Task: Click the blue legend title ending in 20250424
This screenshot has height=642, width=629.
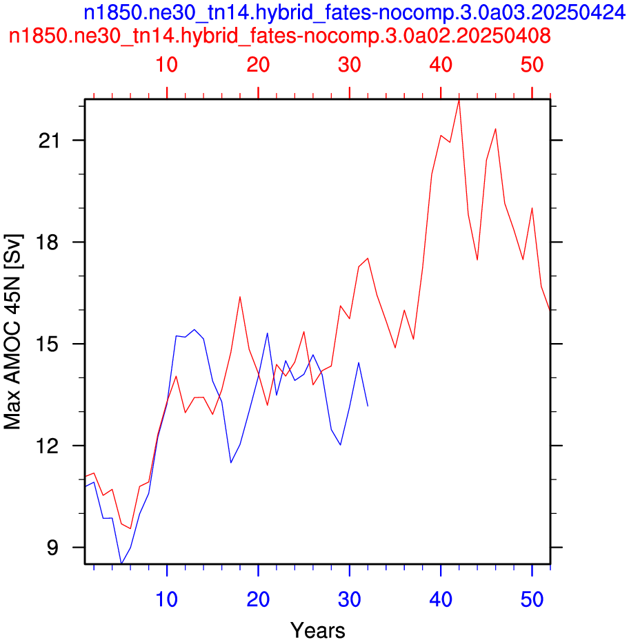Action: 355,13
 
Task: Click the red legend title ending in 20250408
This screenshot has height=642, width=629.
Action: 279,36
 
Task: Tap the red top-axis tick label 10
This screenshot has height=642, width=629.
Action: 166,65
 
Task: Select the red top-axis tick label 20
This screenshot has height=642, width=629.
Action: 258,65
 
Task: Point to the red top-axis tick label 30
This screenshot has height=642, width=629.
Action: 350,65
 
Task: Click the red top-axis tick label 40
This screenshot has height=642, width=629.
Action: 441,65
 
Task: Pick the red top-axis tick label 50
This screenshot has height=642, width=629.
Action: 532,65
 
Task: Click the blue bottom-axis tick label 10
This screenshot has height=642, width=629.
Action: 166,599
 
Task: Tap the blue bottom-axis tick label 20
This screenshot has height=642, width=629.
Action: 258,599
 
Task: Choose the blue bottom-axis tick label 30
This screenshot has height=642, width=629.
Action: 350,599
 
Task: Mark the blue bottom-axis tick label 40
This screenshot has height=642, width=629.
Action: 441,599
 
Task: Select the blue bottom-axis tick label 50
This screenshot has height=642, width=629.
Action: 532,599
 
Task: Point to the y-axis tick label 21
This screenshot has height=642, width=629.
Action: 49,141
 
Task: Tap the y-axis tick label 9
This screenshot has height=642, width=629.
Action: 53,548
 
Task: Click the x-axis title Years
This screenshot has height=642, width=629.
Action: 318,630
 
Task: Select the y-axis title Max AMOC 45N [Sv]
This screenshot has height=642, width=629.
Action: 13,331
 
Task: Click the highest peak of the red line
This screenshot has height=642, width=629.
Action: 459,100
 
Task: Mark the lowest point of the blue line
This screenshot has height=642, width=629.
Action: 121,563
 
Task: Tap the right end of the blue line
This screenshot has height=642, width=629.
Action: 368,406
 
